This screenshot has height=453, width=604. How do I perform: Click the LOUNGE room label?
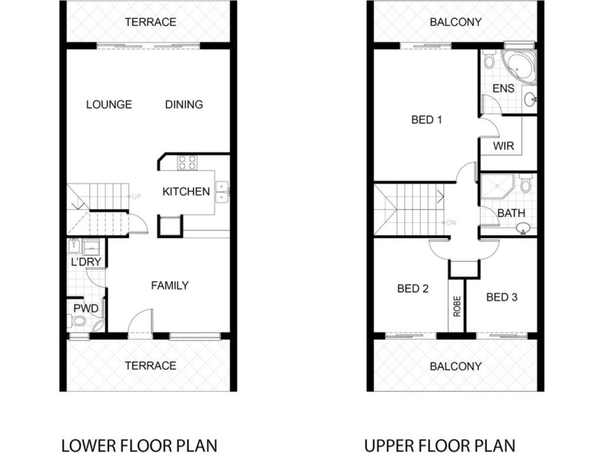pyautogui.click(x=109, y=104)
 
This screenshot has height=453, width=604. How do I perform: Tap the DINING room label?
pyautogui.click(x=184, y=104)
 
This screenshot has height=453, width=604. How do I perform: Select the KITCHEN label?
pyautogui.click(x=186, y=192)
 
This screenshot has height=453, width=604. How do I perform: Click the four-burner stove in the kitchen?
pyautogui.click(x=187, y=163)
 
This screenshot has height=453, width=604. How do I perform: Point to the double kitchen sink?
pyautogui.click(x=222, y=192)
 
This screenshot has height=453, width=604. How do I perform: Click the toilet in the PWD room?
pyautogui.click(x=77, y=320)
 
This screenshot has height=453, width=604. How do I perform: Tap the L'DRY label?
pyautogui.click(x=86, y=262)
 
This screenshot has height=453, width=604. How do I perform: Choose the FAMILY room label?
pyautogui.click(x=170, y=285)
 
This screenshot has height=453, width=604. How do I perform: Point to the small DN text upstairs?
pyautogui.click(x=451, y=222)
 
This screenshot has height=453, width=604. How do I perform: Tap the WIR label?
pyautogui.click(x=504, y=146)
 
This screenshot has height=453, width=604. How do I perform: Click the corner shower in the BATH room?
pyautogui.click(x=497, y=186)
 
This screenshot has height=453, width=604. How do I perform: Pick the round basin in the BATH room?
pyautogui.click(x=523, y=228)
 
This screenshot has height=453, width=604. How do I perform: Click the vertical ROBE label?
pyautogui.click(x=457, y=306)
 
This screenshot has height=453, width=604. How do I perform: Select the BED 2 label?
pyautogui.click(x=413, y=288)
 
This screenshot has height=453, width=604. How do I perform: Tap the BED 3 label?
pyautogui.click(x=502, y=297)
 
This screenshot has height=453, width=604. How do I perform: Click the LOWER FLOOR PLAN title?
pyautogui.click(x=139, y=445)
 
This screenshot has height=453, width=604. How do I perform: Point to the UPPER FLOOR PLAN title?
pyautogui.click(x=440, y=445)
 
